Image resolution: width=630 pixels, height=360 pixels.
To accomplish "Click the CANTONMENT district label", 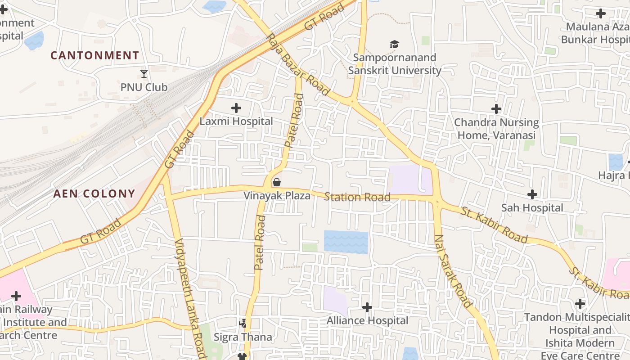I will pos(94,55).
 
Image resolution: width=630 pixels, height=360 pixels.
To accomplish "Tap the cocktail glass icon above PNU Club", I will pos(144,73).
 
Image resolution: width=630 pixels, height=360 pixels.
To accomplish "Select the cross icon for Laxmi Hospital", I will pos(236,108).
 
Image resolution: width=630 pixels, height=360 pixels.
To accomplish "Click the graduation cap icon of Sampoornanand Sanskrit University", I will pos(395,44).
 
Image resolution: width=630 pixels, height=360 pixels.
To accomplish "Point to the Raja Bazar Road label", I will pos(298,64).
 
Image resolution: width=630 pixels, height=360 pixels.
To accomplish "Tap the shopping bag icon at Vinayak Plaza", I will pos(277,182).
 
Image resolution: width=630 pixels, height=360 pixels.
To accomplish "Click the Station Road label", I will pos(357,197).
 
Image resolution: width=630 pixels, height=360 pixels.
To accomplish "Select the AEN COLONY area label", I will pos(94,194).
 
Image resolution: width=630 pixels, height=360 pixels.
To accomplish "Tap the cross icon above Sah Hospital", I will pos(532,194).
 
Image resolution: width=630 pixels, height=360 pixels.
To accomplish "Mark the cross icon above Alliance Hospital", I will pos(367,307).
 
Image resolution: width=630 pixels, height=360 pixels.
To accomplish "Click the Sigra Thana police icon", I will pos(243,324).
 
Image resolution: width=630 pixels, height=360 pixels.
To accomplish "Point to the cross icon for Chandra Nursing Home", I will pos(496,109).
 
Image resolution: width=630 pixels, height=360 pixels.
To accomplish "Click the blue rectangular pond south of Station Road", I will pos(346,242).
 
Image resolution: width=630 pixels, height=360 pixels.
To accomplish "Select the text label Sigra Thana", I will pos(243,337).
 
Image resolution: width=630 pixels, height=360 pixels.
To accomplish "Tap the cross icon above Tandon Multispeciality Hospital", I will pos(580,304).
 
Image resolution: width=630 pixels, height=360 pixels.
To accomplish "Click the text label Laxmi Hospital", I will pos(236,121).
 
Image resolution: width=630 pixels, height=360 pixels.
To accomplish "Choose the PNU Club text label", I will pos(144,87).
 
